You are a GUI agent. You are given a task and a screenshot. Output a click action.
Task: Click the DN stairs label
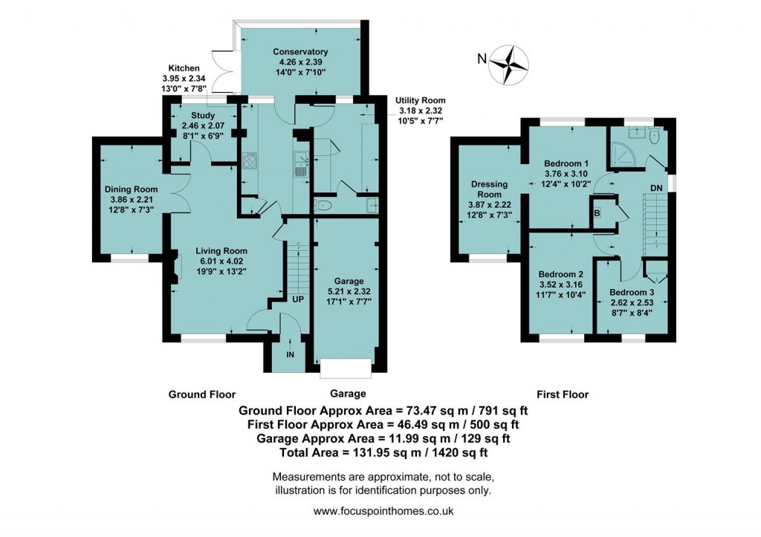656,188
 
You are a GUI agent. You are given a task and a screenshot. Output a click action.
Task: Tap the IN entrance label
290,354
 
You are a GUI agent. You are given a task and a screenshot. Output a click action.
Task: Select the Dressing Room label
489,189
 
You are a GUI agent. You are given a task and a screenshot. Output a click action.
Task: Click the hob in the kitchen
249,161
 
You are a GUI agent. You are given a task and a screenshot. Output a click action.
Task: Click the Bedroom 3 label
629,292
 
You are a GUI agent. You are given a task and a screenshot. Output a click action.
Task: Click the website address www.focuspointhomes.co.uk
383,511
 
